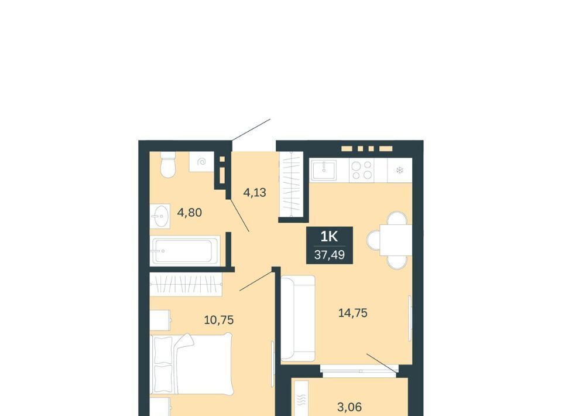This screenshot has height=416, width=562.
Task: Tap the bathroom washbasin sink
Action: [x=159, y=216]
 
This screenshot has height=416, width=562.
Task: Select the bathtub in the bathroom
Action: [x=185, y=251]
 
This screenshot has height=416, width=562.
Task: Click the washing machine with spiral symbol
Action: [x=201, y=162]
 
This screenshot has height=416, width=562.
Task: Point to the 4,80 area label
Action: [x=190, y=212]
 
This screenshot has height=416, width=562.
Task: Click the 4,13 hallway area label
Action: [x=255, y=193]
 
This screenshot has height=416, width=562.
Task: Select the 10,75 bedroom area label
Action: [x=219, y=319]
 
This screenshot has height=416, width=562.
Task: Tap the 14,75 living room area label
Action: [x=353, y=313]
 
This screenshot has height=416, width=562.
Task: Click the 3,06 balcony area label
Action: [x=349, y=407]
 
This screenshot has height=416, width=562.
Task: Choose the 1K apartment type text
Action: [x=329, y=236]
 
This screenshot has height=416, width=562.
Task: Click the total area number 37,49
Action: [x=330, y=255]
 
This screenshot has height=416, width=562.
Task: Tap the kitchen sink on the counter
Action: [x=324, y=170]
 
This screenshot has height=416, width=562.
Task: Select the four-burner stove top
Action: [x=362, y=170]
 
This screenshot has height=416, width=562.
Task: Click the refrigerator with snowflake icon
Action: [x=400, y=170]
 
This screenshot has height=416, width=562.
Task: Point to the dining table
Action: [x=396, y=240]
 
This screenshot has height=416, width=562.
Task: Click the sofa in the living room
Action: [x=298, y=318]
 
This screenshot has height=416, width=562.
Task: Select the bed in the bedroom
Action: [x=191, y=364]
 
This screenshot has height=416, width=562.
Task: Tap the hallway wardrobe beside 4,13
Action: [x=291, y=184]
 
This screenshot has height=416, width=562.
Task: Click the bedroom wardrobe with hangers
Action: [x=186, y=284]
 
